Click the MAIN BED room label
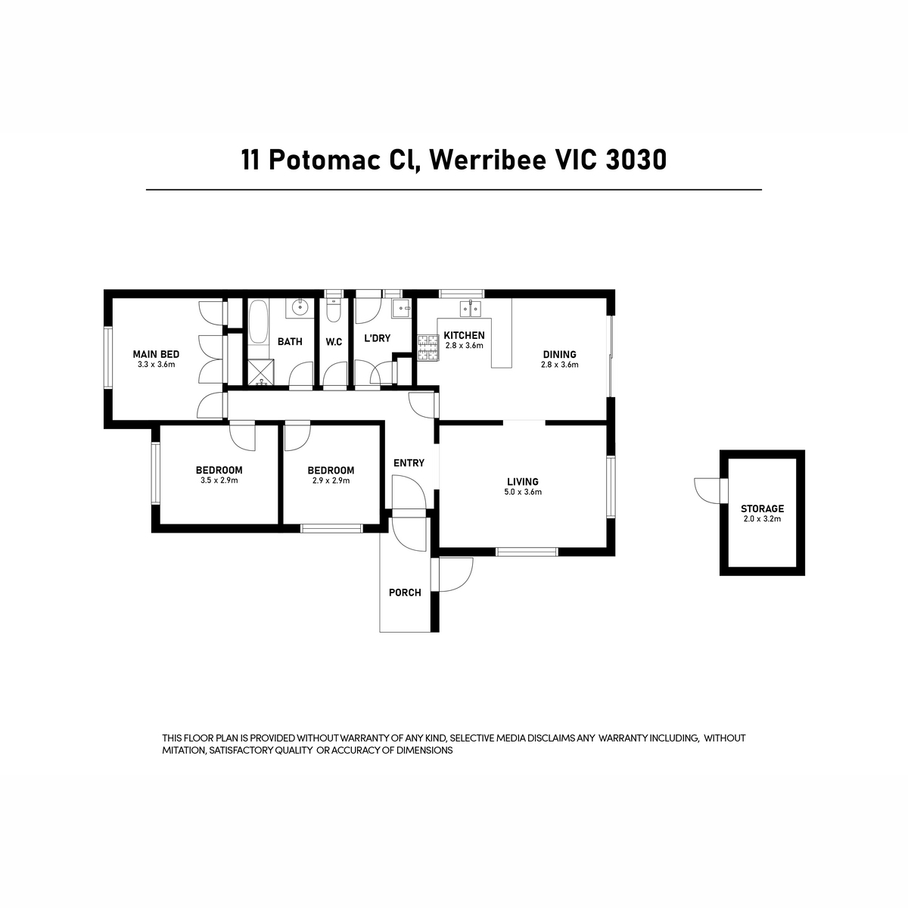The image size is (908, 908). [x=156, y=354]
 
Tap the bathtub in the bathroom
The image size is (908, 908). [x=258, y=322]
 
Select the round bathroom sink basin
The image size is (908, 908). [x=300, y=308]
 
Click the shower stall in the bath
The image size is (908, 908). [x=260, y=372]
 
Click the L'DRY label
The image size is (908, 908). [x=378, y=337]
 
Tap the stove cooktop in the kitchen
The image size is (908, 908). [x=428, y=348]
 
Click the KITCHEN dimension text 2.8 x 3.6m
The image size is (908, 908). [x=464, y=345]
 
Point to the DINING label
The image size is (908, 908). [x=559, y=354]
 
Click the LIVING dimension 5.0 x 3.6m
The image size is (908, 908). [x=523, y=492]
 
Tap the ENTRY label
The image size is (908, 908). [x=409, y=463]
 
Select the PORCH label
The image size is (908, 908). [x=405, y=592]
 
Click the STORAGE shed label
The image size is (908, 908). [x=762, y=508]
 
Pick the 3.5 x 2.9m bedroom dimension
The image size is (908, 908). [x=219, y=480]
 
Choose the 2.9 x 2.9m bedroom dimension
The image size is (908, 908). [x=331, y=480]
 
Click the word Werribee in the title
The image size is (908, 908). [x=488, y=160]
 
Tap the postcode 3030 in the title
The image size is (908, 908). [x=636, y=160]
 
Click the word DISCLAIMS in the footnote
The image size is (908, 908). [x=552, y=738]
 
